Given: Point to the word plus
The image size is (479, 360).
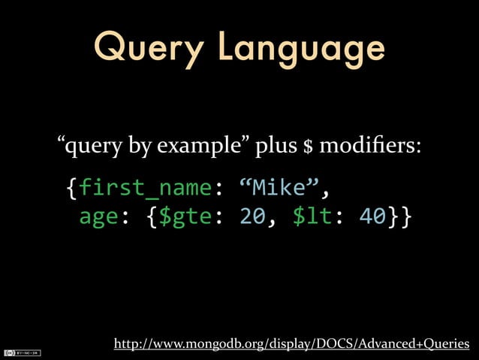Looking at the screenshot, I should (275, 145).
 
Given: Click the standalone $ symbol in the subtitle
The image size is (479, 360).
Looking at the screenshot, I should (307, 145).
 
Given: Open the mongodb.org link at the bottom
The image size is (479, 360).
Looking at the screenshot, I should (291, 344).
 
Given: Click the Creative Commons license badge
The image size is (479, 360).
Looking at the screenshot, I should (22, 352).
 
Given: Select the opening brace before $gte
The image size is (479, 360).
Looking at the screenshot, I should (152, 216).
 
